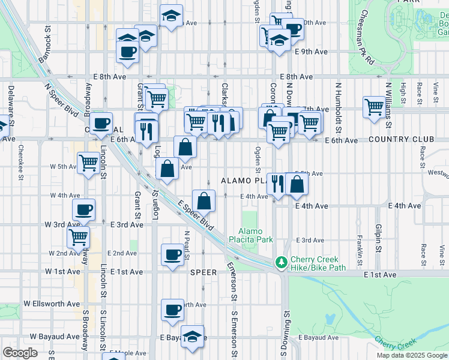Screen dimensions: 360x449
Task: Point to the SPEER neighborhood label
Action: click(x=203, y=272)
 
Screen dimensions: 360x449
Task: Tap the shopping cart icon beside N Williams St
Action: click(x=374, y=106)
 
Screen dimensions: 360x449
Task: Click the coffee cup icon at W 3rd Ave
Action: click(x=84, y=209)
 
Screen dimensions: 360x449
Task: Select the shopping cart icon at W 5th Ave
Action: click(x=88, y=161)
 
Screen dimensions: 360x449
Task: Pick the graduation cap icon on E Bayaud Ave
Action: click(x=192, y=336)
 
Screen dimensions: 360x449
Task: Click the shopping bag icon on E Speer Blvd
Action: click(x=204, y=200)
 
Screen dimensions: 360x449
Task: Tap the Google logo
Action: click(x=20, y=353)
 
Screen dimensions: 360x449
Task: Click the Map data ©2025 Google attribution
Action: click(x=411, y=355)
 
